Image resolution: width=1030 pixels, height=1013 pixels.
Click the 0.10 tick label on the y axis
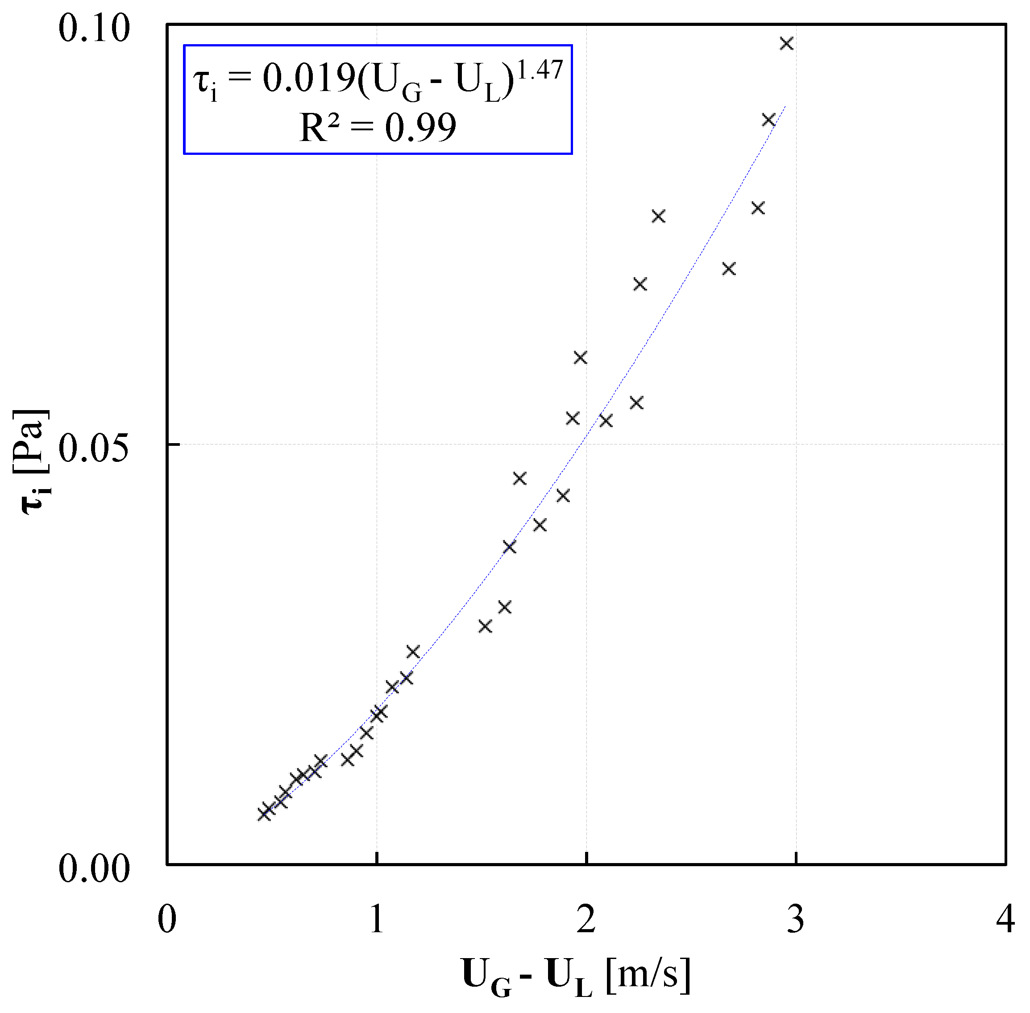94,29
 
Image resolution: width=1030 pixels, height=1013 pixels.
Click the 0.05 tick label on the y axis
94,448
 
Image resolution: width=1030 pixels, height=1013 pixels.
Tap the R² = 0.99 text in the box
377,128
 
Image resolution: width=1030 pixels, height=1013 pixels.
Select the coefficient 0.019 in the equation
308,79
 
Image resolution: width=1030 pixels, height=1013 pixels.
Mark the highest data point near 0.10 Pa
786,44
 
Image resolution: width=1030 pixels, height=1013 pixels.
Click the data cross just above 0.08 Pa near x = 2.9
768,120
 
